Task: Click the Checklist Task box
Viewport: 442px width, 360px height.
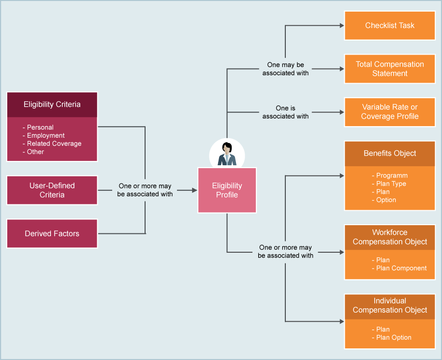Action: tap(390, 26)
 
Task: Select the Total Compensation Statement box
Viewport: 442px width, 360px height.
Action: tap(390, 69)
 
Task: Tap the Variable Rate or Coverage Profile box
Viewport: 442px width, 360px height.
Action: tap(390, 112)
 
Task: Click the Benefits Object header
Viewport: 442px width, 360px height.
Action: tap(390, 154)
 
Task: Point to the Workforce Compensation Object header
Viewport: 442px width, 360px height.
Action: tap(390, 237)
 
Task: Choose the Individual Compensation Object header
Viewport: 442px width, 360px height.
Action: tap(390, 305)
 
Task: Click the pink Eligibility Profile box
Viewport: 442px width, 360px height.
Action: tap(227, 190)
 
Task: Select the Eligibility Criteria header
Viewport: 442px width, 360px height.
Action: tap(52, 104)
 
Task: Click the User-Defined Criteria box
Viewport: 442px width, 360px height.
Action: tap(52, 190)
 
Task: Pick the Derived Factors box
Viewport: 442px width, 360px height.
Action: tap(52, 233)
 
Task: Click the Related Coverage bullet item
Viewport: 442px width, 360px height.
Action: tap(54, 144)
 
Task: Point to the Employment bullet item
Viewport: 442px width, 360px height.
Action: tap(45, 136)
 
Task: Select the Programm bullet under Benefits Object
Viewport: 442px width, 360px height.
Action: tap(391, 176)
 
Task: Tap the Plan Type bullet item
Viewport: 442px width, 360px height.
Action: tap(391, 184)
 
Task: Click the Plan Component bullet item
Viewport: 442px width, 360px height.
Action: tap(401, 268)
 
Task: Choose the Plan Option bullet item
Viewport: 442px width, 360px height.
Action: tap(393, 338)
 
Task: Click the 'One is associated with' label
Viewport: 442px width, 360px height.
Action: tap(285, 112)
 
